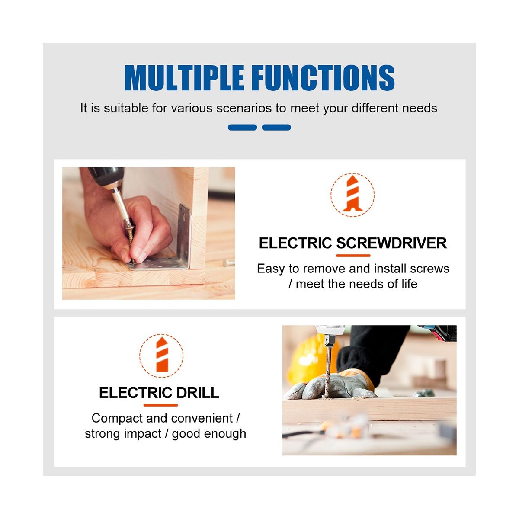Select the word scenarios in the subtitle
click(x=244, y=108)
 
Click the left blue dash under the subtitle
click(x=242, y=127)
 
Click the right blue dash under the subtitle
click(x=276, y=127)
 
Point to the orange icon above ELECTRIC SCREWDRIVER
click(x=352, y=195)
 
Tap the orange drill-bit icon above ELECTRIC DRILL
click(x=162, y=355)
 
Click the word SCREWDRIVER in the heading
click(x=391, y=243)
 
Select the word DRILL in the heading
click(x=194, y=392)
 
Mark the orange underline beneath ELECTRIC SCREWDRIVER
click(x=353, y=255)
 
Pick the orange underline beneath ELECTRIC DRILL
click(x=160, y=405)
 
